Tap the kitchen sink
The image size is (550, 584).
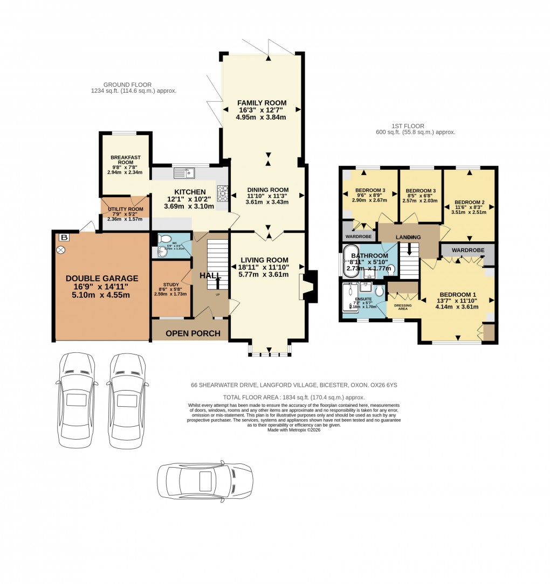184,173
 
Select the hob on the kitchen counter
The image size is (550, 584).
223,192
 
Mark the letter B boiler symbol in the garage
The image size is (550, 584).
65,237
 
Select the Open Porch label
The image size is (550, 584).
193,333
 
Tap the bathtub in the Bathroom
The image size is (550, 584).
350,265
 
